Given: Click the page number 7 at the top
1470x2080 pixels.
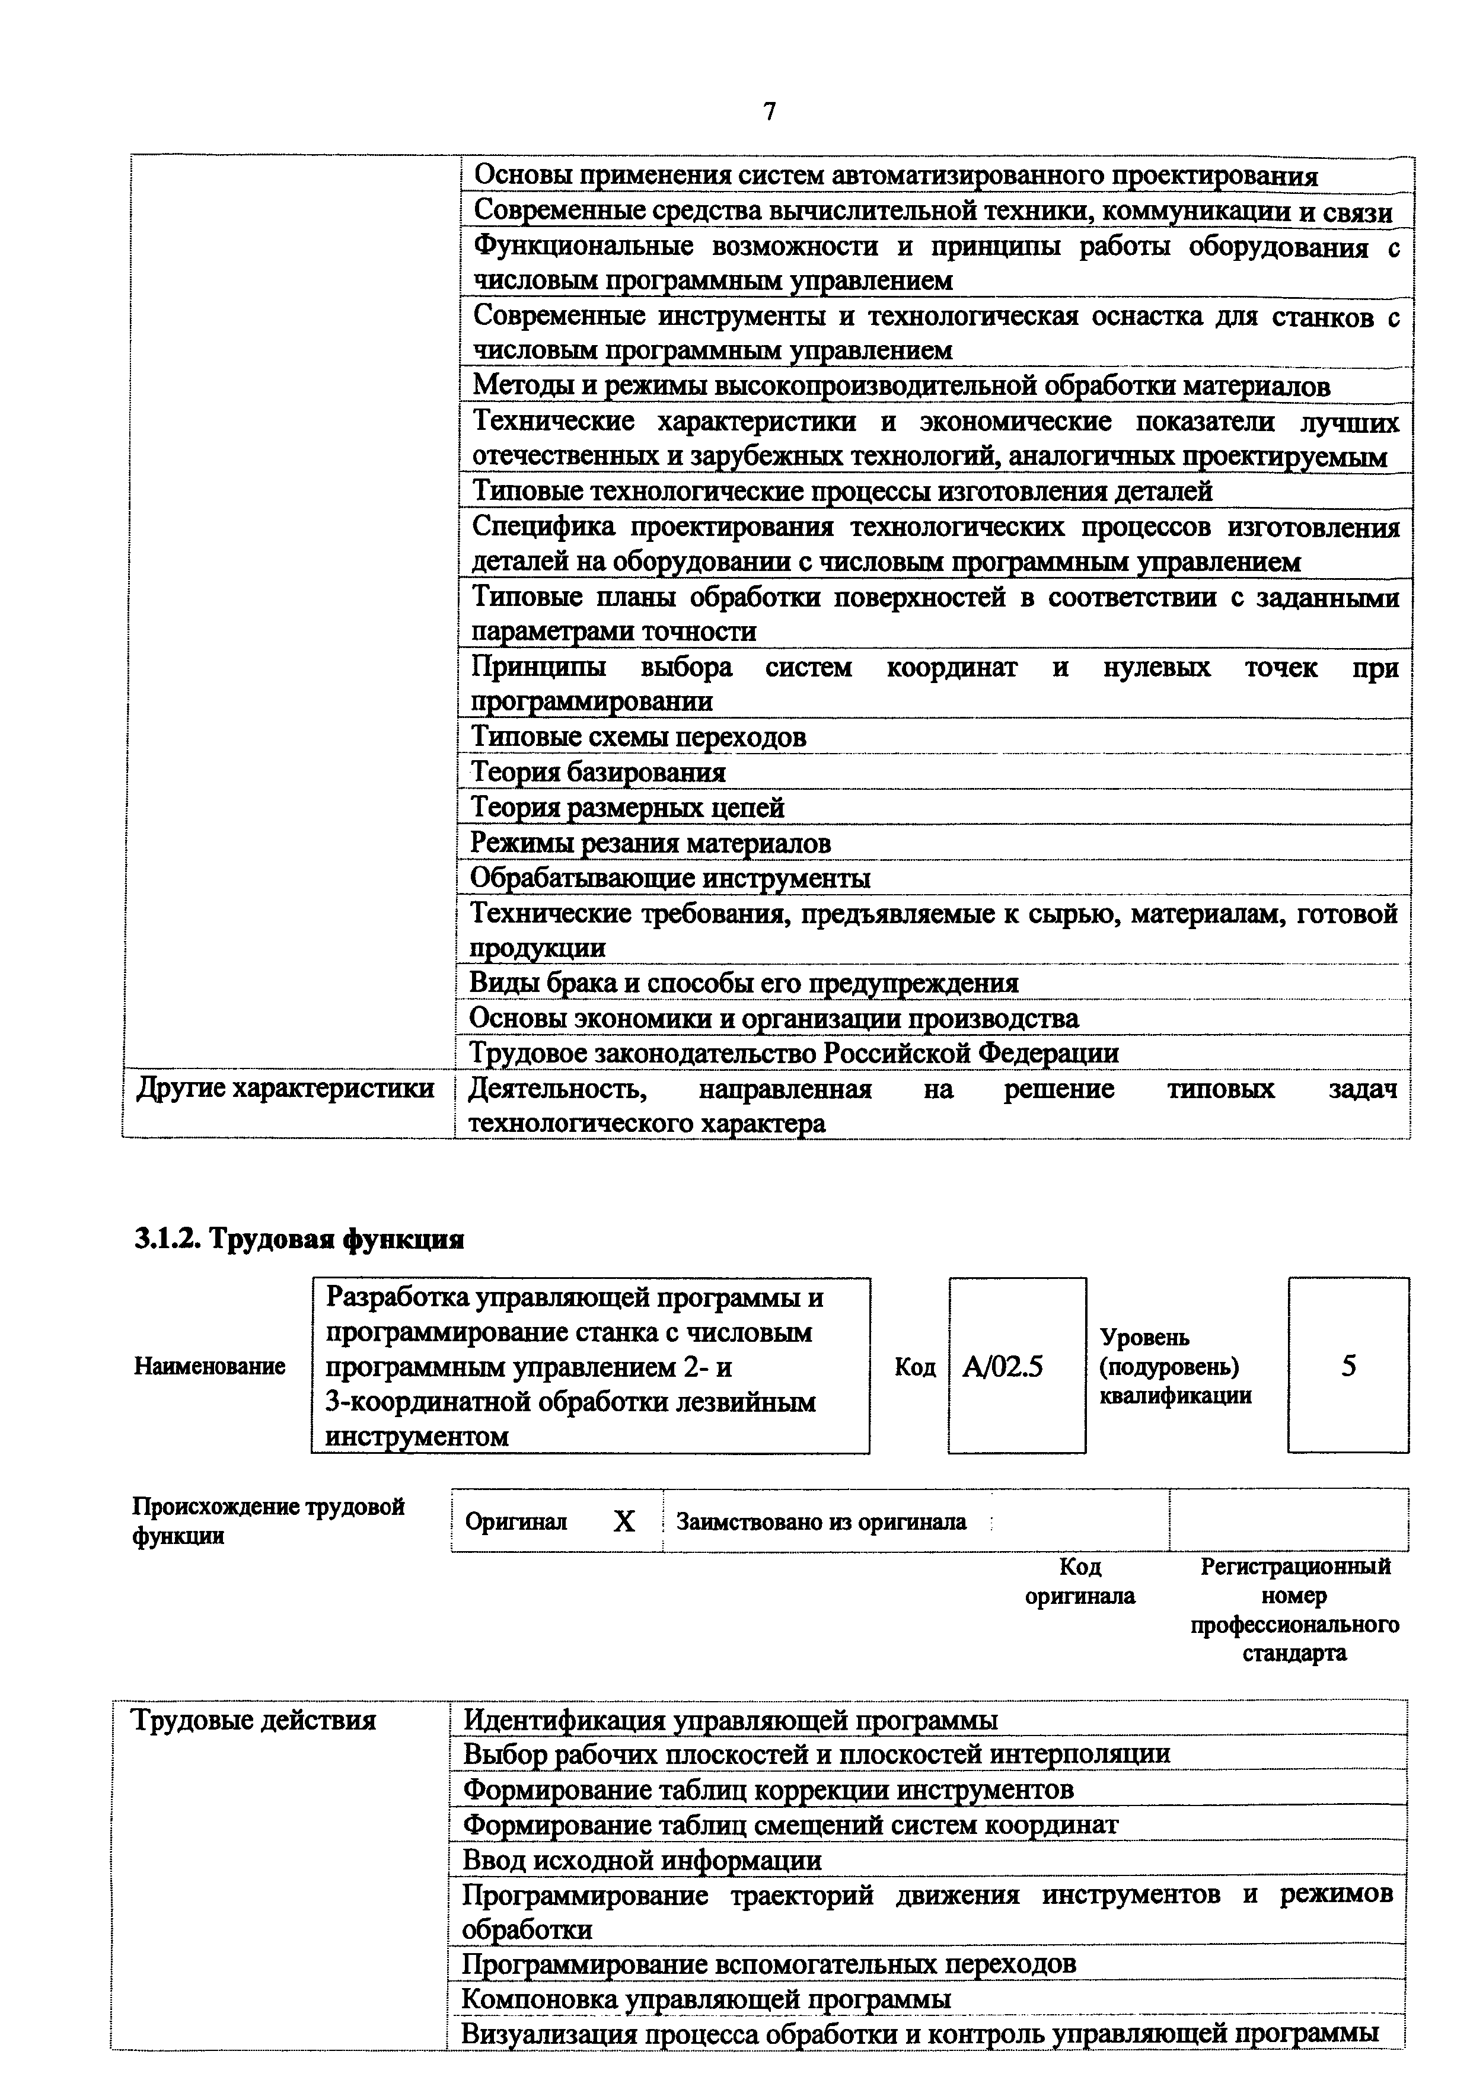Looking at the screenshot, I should pyautogui.click(x=769, y=111).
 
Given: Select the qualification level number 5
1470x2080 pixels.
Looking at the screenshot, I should pyautogui.click(x=1348, y=1366).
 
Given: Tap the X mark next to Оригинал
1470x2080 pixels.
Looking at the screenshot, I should pyautogui.click(x=624, y=1522).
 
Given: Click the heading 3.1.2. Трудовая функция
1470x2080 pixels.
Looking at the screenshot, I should pyautogui.click(x=299, y=1239).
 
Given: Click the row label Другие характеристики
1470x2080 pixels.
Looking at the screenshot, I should pyautogui.click(x=285, y=1088).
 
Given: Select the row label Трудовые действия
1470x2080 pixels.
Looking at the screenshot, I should pyautogui.click(x=254, y=1719).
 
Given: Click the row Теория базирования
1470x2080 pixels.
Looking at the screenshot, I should pyautogui.click(x=598, y=772).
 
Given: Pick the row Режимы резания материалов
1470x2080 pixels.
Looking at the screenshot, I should pyautogui.click(x=651, y=843).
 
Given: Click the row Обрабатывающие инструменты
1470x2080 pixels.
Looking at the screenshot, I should pyautogui.click(x=670, y=878).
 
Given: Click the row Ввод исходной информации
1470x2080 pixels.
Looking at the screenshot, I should pyautogui.click(x=642, y=1860).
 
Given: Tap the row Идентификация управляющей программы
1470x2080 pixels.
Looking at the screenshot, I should pyautogui.click(x=730, y=1719).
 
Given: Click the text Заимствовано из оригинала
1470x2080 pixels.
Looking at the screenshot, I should pyautogui.click(x=821, y=1522).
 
